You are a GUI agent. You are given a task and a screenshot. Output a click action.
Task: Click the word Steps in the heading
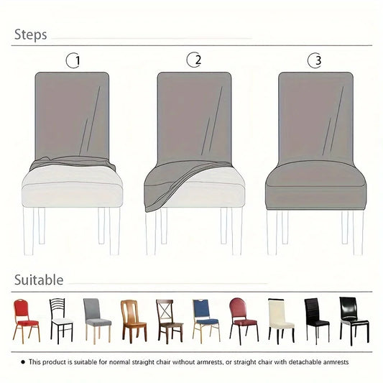pyautogui.click(x=30, y=34)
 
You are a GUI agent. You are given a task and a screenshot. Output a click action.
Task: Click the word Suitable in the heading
pyautogui.click(x=38, y=280)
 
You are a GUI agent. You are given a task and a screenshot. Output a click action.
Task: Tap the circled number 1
pyautogui.click(x=73, y=61)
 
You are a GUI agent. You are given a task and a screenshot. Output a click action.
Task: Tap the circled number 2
pyautogui.click(x=193, y=60)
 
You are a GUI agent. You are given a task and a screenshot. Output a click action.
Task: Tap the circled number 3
pyautogui.click(x=314, y=60)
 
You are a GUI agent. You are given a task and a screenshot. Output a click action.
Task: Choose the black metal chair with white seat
pyautogui.click(x=60, y=319)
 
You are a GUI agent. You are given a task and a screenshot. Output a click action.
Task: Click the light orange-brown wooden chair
pyautogui.click(x=131, y=319)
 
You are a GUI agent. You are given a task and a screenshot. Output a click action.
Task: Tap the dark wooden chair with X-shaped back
pyautogui.click(x=169, y=319)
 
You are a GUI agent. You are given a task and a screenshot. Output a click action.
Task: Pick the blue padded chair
pyautogui.click(x=206, y=319)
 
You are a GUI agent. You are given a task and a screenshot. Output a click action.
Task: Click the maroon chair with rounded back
pyautogui.click(x=242, y=319)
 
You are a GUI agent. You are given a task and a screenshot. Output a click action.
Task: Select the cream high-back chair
pyautogui.click(x=280, y=319)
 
